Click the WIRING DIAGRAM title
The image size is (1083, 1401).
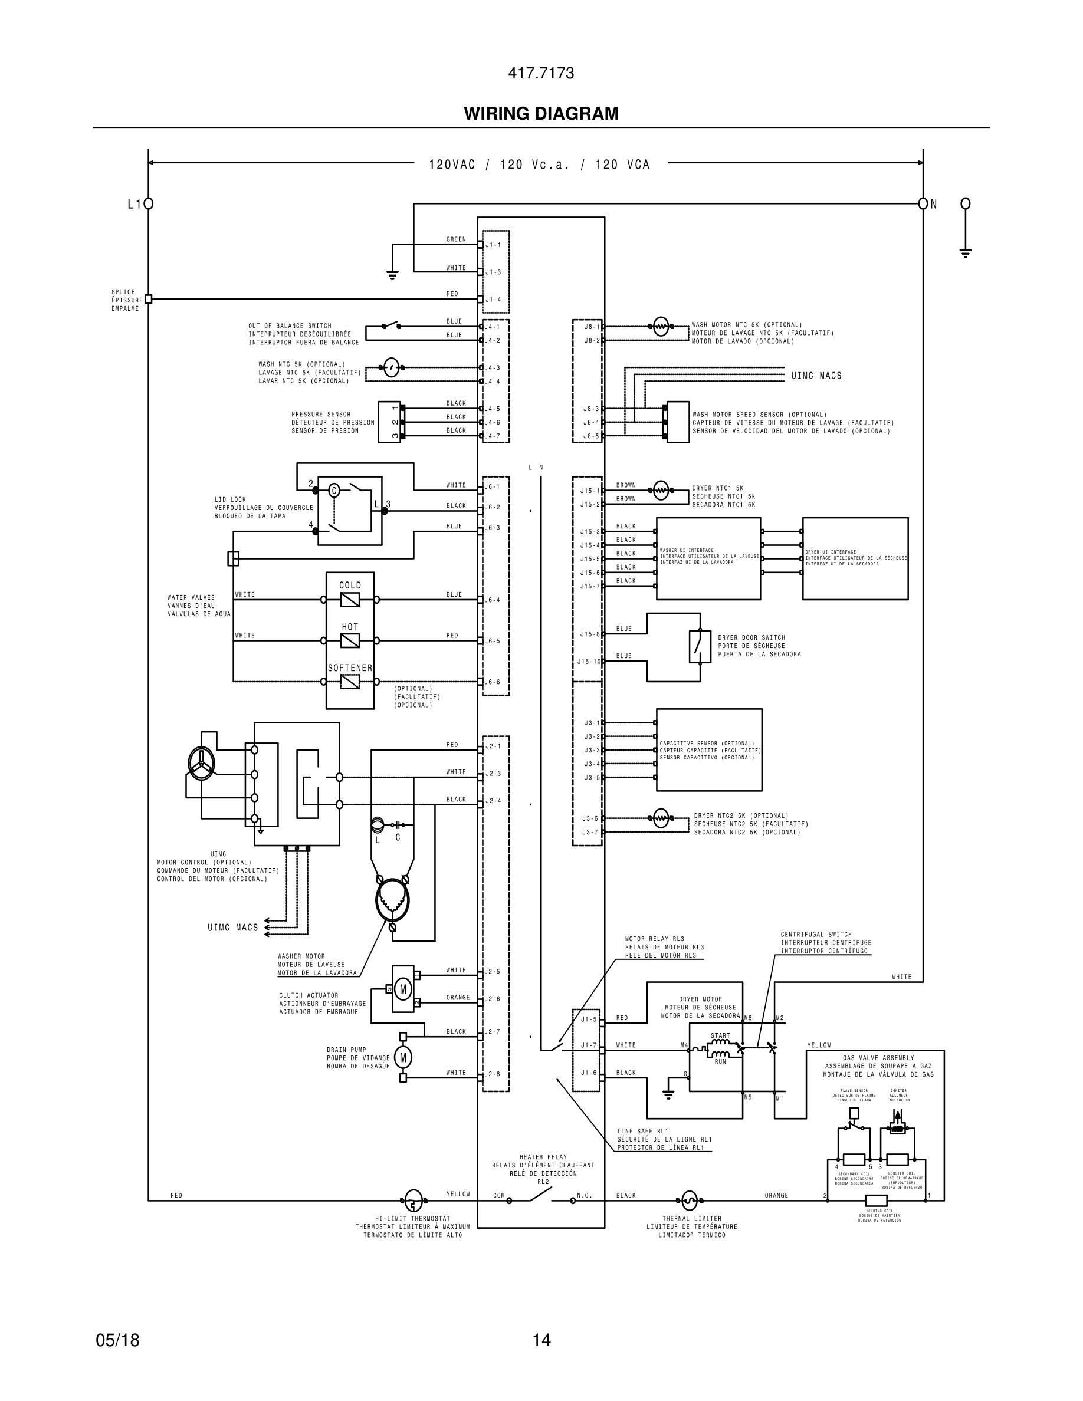pos(541,114)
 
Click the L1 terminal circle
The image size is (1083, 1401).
pos(148,204)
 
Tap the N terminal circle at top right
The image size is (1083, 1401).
pos(923,204)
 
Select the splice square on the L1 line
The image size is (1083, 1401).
pos(148,299)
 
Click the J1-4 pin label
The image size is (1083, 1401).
pos(493,300)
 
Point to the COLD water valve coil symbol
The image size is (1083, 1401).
pos(350,600)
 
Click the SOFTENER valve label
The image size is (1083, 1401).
pos(350,668)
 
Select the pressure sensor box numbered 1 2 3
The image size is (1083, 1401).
pos(389,422)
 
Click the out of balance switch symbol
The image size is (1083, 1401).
pos(391,325)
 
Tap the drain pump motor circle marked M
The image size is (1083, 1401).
pos(403,1058)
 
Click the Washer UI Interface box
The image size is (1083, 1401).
pos(708,558)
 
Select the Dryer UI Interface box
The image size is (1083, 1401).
pos(855,558)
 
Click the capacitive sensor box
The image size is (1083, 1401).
pos(709,749)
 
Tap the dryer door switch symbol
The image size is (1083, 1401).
pos(700,647)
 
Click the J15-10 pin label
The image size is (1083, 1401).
pos(588,662)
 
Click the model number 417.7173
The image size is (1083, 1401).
pos(541,73)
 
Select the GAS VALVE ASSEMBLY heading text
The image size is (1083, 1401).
pos(878,1058)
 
